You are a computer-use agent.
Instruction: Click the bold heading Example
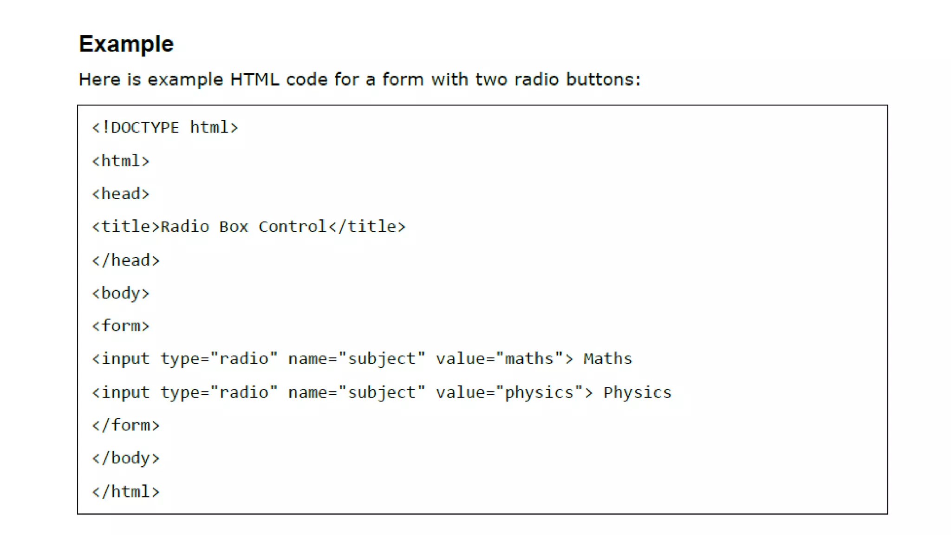[x=126, y=44]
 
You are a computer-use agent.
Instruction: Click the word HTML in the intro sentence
[x=254, y=79]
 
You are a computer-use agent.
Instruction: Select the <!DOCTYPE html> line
[x=165, y=127]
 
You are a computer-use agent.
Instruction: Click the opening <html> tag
[x=121, y=161]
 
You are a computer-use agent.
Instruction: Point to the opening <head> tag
[x=121, y=194]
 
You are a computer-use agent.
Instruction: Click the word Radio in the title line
[x=185, y=227]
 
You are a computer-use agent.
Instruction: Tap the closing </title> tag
[x=367, y=227]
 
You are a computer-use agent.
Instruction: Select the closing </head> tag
[x=126, y=260]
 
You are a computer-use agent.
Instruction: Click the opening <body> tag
[x=121, y=293]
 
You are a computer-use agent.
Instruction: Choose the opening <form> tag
[x=121, y=326]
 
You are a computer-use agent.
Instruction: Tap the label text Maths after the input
[x=608, y=359]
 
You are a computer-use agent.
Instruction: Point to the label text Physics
[x=637, y=392]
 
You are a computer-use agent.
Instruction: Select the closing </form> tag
[x=126, y=425]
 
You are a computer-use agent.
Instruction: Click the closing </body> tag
[x=126, y=458]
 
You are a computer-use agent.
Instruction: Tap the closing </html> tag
[x=126, y=492]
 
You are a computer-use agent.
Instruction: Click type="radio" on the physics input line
[x=219, y=392]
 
